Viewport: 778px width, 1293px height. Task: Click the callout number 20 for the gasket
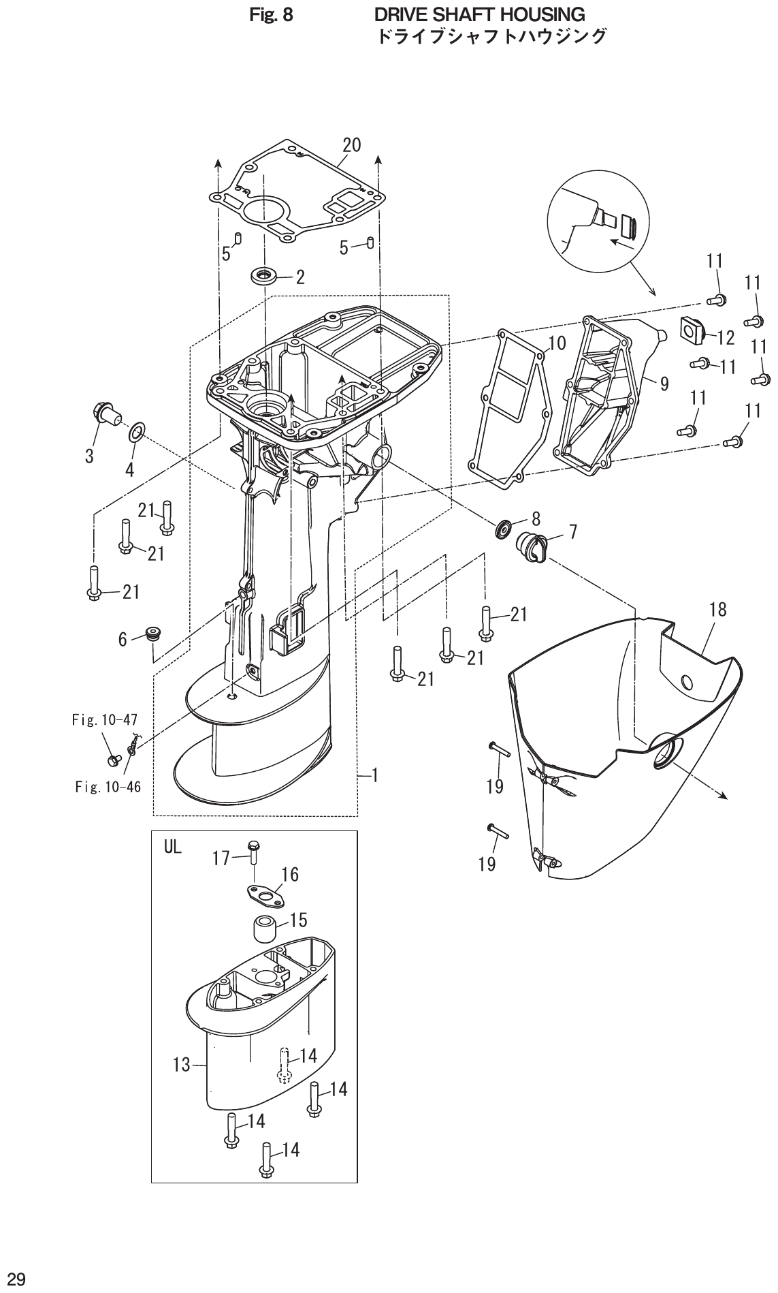351,144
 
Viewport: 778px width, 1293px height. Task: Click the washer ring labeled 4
136,431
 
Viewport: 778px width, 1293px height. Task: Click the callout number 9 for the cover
664,384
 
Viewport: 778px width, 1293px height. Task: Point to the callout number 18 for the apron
717,610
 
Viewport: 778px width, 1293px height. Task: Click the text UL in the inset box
173,847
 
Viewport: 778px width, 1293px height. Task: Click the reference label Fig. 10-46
108,788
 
